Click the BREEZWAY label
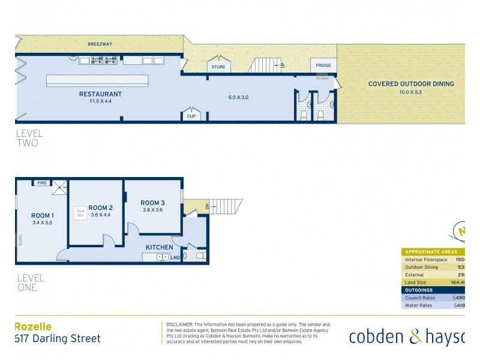click(100, 44)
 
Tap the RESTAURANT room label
click(100, 94)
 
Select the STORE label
click(218, 67)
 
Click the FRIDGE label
click(323, 65)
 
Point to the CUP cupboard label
click(191, 116)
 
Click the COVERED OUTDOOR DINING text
click(410, 84)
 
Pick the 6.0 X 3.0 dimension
click(238, 97)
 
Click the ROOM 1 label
click(43, 216)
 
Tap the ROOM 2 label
click(101, 208)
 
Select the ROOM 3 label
click(152, 203)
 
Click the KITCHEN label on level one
click(159, 247)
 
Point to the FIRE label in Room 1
click(43, 183)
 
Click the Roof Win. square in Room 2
click(80, 213)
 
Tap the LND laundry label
click(176, 257)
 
